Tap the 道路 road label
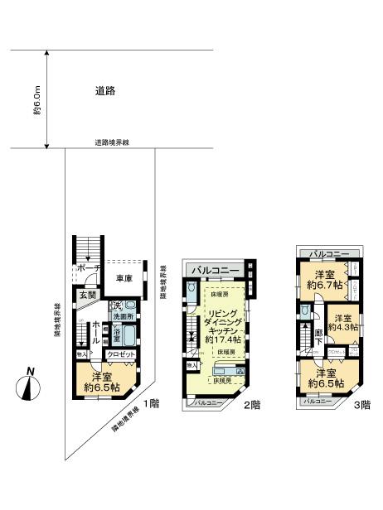[x=105, y=92]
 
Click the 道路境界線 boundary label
[x=111, y=143]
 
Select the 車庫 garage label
[x=125, y=279]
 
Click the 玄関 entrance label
[x=88, y=294]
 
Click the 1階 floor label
[x=150, y=403]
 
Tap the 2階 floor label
[x=251, y=405]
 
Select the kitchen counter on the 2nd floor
[x=229, y=370]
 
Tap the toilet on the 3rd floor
[x=308, y=312]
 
